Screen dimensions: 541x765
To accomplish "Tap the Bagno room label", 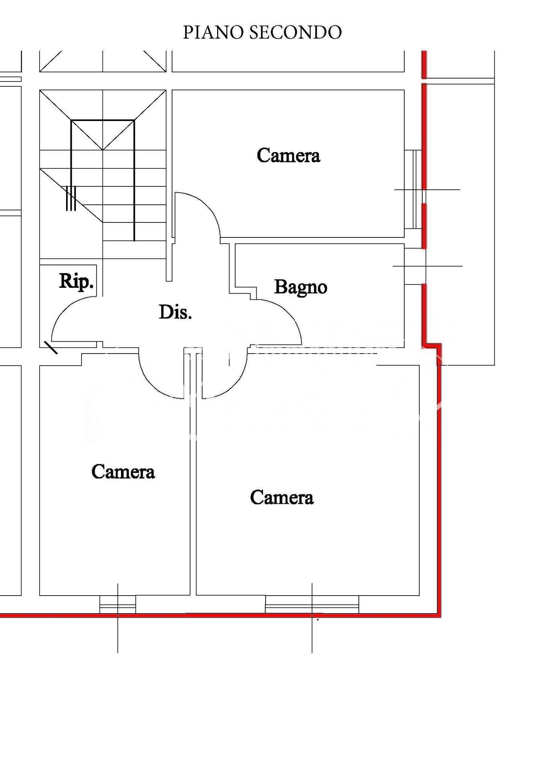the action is (301, 288).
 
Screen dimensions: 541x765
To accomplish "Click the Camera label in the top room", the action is (289, 155).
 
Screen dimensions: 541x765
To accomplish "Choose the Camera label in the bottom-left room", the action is (123, 472).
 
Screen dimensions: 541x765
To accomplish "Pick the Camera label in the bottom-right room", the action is (282, 497).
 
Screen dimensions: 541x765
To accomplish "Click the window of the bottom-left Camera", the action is (118, 604).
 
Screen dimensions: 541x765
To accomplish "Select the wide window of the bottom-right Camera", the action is (312, 604).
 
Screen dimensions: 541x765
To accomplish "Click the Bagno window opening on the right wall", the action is (415, 266).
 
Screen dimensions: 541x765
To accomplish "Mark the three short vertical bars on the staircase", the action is (71, 198).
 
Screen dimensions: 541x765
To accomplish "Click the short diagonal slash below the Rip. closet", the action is (51, 348).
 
